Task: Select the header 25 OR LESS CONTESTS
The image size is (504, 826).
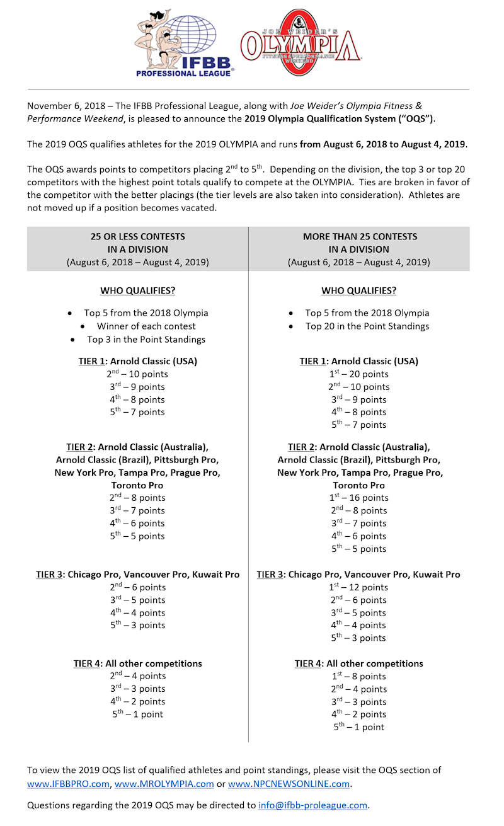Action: tap(137, 236)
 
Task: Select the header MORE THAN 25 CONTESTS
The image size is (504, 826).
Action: tap(359, 236)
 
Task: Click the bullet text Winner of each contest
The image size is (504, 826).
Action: tap(146, 326)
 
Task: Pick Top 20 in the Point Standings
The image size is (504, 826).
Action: tap(367, 326)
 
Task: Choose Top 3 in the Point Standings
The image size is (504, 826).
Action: tap(146, 340)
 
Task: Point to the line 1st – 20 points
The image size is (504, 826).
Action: tap(359, 374)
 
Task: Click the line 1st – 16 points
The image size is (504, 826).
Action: tap(359, 498)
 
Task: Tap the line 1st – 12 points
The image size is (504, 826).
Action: tap(359, 587)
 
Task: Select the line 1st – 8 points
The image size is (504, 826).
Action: tap(359, 677)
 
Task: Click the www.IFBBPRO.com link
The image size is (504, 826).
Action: tap(68, 784)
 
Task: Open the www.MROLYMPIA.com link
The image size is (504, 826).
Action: tap(164, 784)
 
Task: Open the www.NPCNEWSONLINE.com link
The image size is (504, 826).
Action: tap(289, 784)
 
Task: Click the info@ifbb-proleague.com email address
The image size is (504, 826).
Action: tap(312, 805)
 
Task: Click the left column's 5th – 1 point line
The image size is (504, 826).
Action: tap(137, 714)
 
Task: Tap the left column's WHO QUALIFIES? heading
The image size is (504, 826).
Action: tap(137, 291)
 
